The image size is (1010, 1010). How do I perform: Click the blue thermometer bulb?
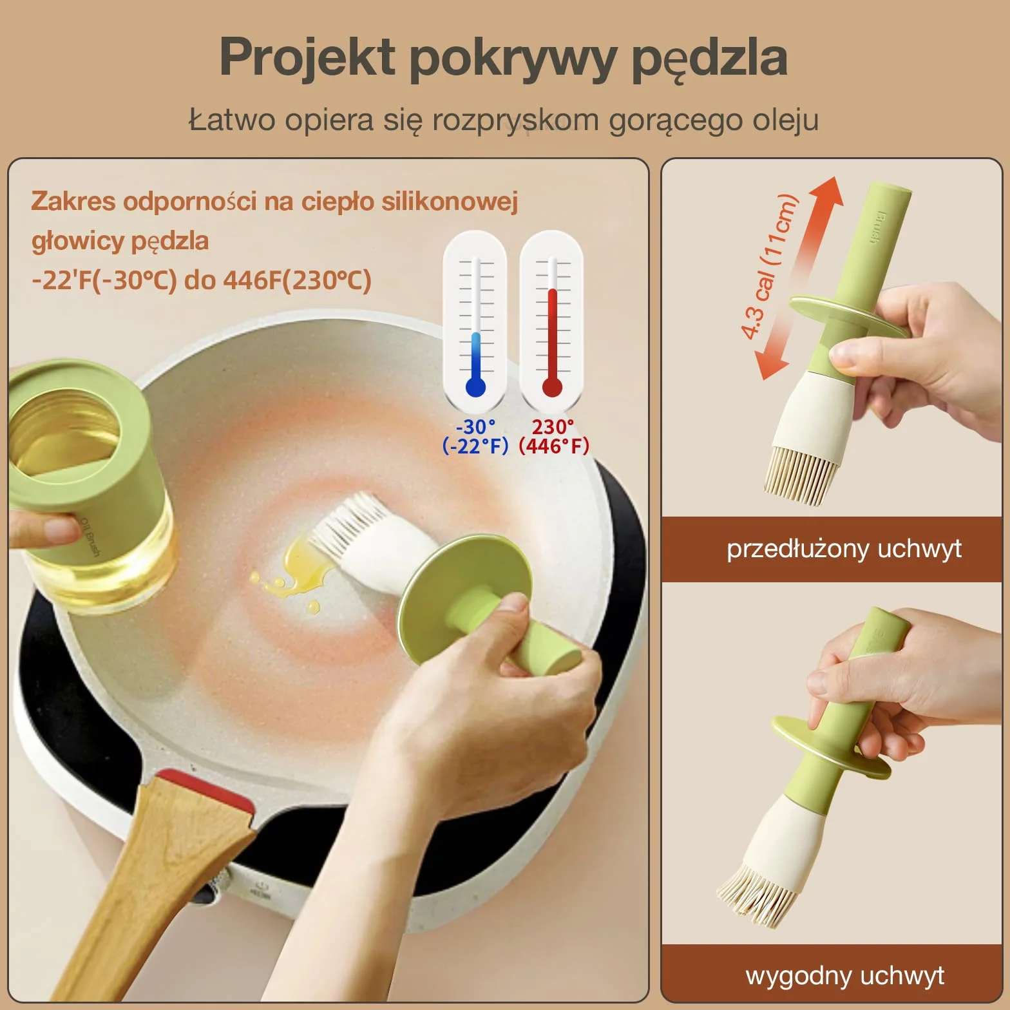(x=475, y=387)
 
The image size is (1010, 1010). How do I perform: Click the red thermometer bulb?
(x=552, y=387)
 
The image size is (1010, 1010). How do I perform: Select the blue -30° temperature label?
(x=475, y=426)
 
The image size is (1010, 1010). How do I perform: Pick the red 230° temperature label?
(x=553, y=426)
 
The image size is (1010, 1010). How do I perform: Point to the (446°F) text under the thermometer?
(x=554, y=446)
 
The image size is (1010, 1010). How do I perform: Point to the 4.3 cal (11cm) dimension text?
(x=770, y=267)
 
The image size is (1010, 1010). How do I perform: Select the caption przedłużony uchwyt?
(x=844, y=549)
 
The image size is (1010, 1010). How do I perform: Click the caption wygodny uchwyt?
(x=844, y=976)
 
